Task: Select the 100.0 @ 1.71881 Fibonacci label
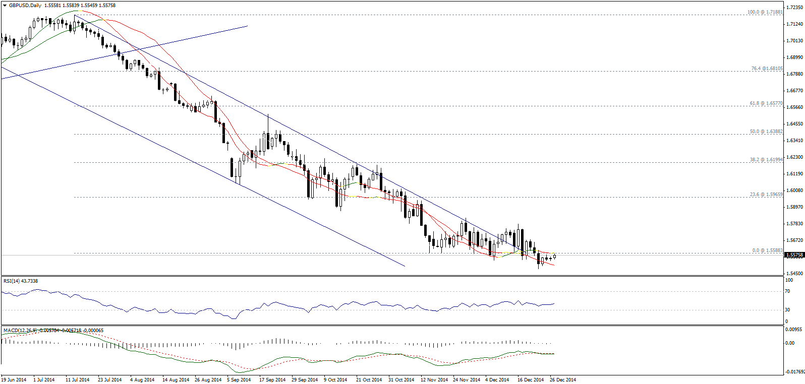tap(765, 12)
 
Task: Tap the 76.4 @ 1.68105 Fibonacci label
tap(767, 69)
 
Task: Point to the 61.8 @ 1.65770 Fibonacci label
tap(766, 103)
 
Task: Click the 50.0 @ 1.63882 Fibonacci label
tap(766, 132)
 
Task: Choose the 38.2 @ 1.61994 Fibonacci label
tap(766, 160)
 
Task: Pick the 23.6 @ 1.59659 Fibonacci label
tap(766, 195)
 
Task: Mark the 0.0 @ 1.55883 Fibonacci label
tap(767, 250)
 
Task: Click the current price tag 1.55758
tap(794, 255)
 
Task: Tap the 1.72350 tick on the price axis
tap(794, 8)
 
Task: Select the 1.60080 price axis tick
tap(794, 190)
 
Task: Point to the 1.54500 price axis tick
tap(794, 274)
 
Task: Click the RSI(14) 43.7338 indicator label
tap(21, 281)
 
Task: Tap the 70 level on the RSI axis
tap(787, 291)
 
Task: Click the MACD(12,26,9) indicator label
tap(19, 331)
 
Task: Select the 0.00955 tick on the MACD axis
tap(793, 329)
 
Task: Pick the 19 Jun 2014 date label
tap(14, 380)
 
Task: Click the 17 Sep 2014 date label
tap(272, 380)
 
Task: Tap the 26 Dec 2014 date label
tap(563, 380)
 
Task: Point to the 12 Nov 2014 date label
tap(434, 380)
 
